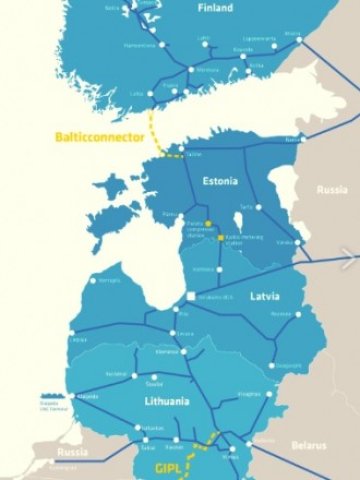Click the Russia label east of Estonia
click(x=332, y=189)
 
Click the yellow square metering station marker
click(x=221, y=237)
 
